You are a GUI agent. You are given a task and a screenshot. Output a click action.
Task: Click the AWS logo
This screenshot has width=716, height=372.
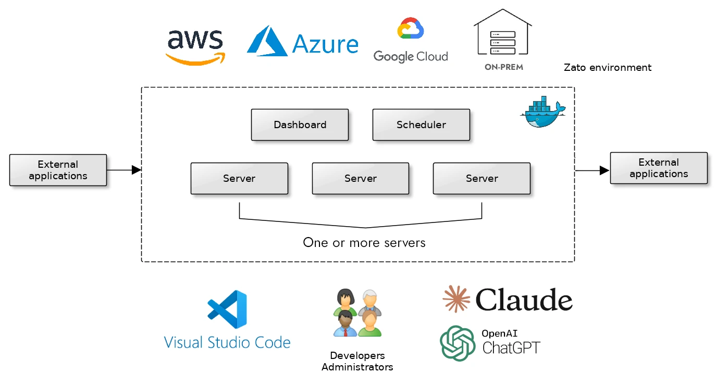(x=195, y=47)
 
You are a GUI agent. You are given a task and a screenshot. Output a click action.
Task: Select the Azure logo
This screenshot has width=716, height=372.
(x=302, y=42)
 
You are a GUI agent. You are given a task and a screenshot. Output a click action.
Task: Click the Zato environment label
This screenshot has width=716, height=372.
(x=608, y=68)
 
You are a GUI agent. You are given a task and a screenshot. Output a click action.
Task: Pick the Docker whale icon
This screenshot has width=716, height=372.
(x=542, y=113)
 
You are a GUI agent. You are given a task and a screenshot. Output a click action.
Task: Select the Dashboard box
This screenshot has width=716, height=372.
(x=300, y=125)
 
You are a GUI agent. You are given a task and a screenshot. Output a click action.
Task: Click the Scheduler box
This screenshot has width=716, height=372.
(x=421, y=125)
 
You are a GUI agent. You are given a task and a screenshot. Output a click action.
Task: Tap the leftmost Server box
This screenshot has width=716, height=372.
(x=239, y=179)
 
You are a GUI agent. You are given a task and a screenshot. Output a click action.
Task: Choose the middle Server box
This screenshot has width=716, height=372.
(x=361, y=179)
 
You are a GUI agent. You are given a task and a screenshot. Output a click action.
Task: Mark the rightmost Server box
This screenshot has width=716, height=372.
(x=482, y=179)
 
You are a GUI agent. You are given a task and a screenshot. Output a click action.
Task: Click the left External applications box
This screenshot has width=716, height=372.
(x=58, y=170)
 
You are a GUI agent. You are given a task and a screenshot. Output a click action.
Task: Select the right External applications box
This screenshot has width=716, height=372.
(x=659, y=168)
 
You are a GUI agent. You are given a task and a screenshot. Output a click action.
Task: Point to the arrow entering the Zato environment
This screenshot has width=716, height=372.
(x=124, y=170)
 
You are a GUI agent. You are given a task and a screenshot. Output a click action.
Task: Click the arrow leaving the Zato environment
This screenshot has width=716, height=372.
(x=592, y=170)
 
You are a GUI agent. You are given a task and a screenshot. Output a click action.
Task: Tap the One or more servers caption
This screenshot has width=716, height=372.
(x=364, y=243)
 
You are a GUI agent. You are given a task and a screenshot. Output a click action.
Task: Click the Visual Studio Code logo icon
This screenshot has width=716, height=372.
(x=228, y=309)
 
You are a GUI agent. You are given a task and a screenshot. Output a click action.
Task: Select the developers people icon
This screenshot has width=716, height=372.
(x=357, y=313)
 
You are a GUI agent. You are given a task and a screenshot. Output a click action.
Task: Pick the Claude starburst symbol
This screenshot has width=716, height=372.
(x=456, y=299)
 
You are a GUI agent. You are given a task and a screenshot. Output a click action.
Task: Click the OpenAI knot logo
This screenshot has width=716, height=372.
(x=458, y=343)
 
